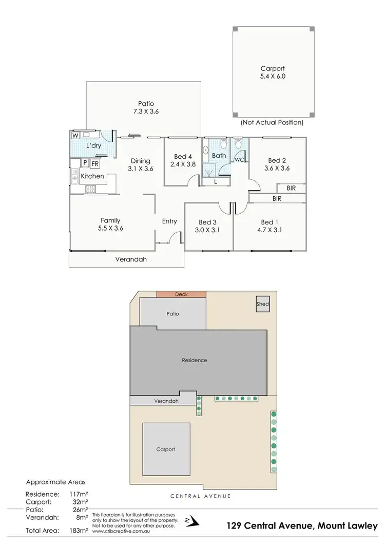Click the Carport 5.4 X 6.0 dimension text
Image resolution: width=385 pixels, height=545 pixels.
(272, 76)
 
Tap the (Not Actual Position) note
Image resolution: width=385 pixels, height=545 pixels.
(272, 123)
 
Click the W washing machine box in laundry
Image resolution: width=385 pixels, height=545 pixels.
(75, 136)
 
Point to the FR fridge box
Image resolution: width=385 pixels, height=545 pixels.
(95, 164)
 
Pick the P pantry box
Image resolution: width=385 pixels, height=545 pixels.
(85, 164)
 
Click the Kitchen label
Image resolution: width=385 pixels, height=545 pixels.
(92, 176)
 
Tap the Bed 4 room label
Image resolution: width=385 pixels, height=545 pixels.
(183, 157)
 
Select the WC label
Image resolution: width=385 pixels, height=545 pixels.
(239, 160)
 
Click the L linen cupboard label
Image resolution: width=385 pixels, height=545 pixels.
(215, 181)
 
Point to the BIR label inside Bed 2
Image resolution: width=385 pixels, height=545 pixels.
(291, 189)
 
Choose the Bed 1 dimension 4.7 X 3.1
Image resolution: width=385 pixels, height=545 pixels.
(269, 230)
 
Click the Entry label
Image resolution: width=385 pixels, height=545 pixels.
(169, 221)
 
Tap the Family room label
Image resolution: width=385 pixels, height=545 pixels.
(110, 220)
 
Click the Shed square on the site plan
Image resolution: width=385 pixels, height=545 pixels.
(263, 305)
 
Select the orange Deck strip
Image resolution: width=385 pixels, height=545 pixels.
(181, 294)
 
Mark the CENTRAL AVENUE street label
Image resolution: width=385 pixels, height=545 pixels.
(201, 496)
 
